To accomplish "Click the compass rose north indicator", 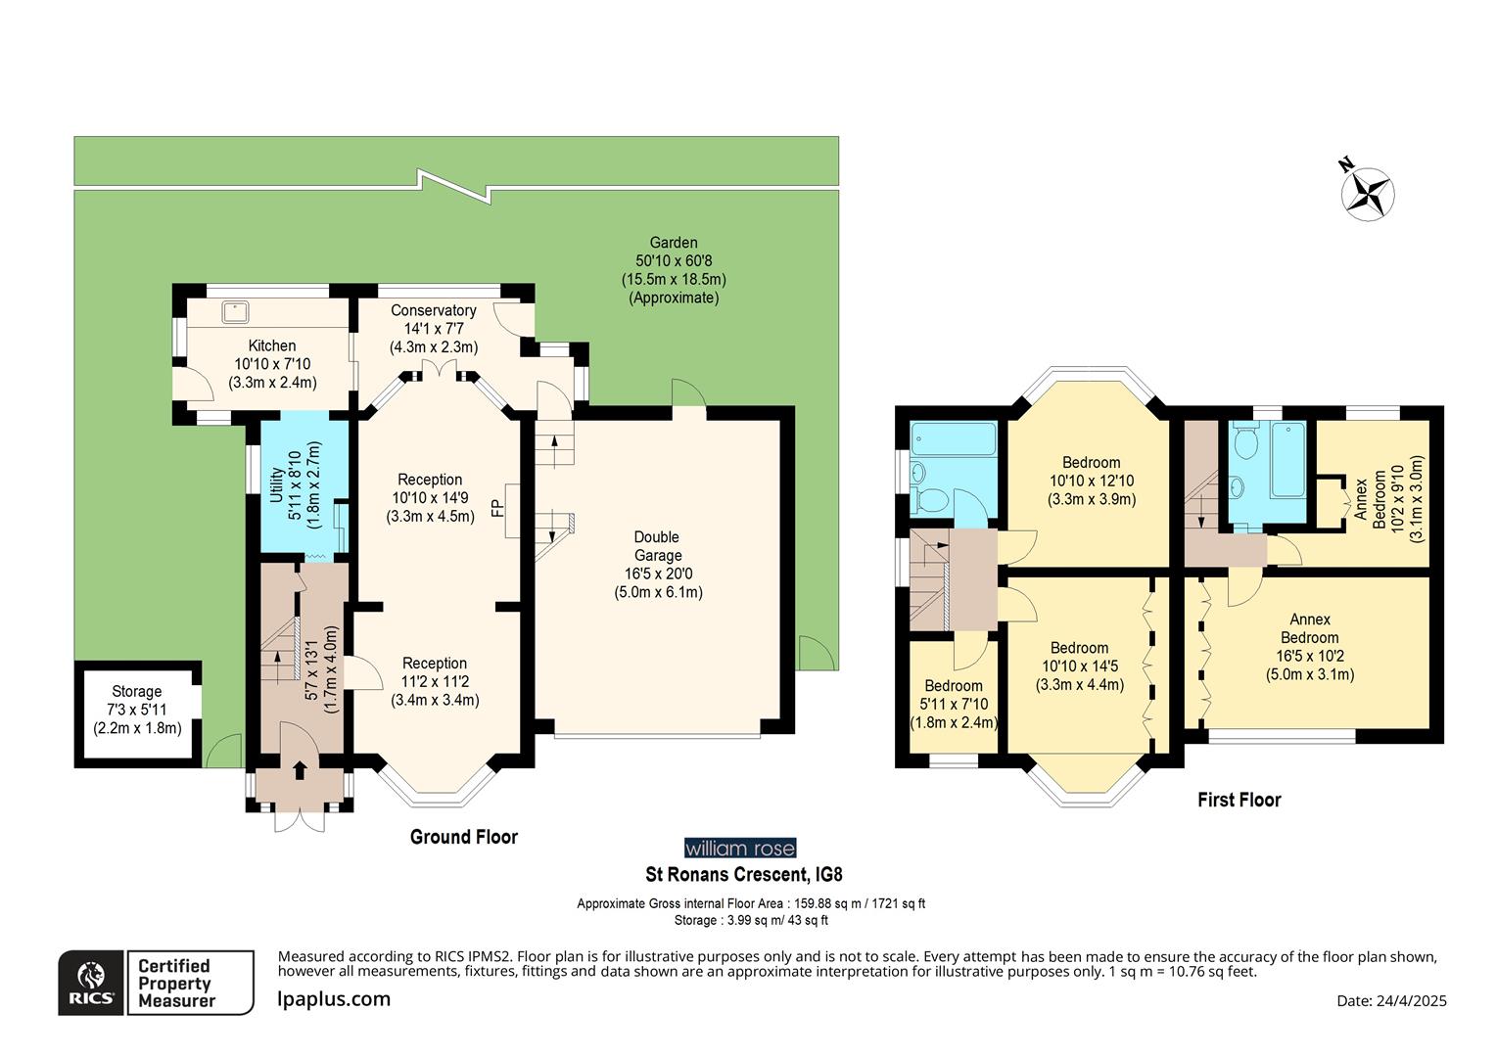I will [x=1367, y=191].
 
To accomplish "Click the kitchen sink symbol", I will [x=235, y=311].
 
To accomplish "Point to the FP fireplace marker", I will [x=497, y=508].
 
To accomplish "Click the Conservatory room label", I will [x=433, y=328].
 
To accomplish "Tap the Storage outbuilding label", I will [x=137, y=710].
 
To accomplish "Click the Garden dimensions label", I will [x=674, y=270].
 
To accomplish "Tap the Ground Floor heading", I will [x=463, y=837].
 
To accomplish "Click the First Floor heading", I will [x=1239, y=801].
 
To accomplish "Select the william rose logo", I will [x=739, y=849].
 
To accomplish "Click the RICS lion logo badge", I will [x=91, y=983].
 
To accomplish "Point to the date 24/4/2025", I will [x=1391, y=1000].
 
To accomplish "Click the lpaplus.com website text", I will [x=334, y=999].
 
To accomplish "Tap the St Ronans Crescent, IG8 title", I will [x=742, y=874].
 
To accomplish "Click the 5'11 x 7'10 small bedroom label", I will [x=954, y=705].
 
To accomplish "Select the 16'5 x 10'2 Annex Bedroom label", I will [x=1309, y=646].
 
